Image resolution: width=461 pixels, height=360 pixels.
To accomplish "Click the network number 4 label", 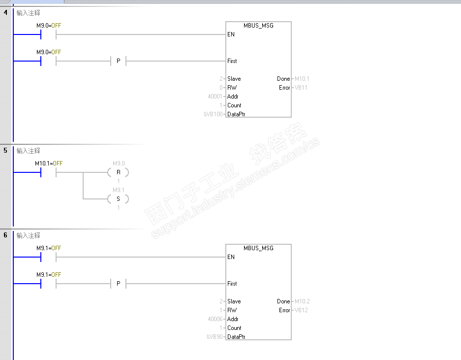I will (6, 12).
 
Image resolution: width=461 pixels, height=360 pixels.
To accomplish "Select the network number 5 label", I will (6, 150).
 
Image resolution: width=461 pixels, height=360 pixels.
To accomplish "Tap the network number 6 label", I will (6, 235).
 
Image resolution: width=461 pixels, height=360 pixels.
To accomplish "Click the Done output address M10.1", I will (301, 79).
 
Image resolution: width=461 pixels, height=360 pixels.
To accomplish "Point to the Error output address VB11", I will (301, 88).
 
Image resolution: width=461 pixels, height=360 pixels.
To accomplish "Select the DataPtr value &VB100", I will (214, 114).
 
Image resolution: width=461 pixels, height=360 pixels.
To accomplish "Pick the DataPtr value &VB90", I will (215, 337).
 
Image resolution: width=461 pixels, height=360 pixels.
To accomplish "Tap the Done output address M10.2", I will (301, 301).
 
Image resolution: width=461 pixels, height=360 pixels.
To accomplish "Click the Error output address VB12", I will (301, 310).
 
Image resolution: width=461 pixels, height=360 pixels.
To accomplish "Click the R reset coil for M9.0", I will (118, 172).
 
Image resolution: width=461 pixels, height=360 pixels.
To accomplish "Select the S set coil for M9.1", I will (118, 199).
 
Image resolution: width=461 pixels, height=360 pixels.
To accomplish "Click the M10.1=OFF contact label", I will (49, 163).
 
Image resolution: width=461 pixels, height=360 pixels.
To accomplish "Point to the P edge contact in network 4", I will (118, 61).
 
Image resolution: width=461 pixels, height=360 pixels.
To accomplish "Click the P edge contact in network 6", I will (118, 284).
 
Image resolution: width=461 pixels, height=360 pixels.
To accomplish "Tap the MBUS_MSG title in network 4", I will (258, 26).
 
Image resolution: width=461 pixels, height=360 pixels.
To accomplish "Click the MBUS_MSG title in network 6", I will (258, 248).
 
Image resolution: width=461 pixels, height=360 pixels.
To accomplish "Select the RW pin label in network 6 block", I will (232, 310).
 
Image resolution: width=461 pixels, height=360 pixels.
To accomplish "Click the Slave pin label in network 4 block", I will (234, 79).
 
